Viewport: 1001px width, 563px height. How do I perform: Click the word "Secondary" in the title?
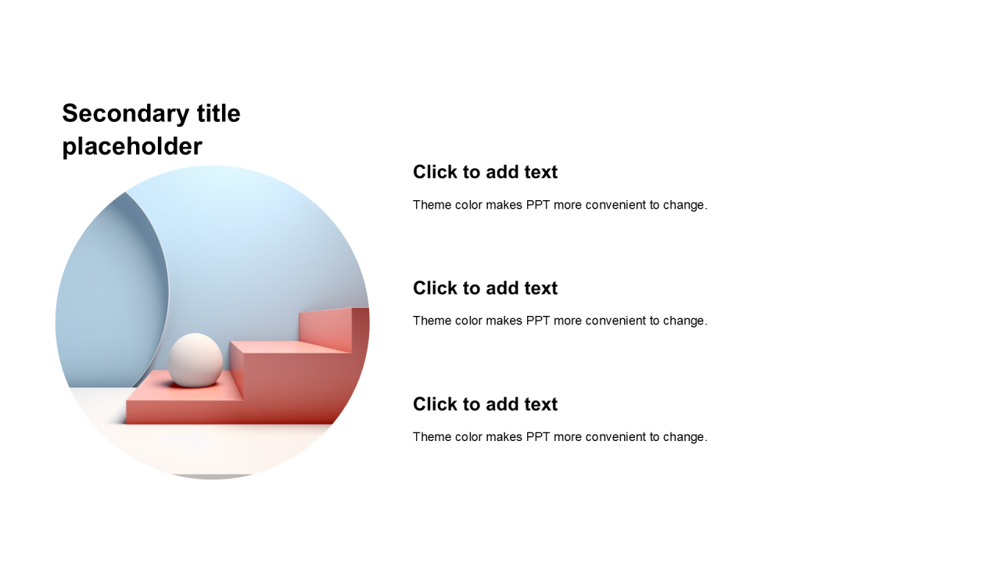pos(126,114)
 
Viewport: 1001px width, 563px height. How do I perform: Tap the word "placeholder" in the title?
pos(132,146)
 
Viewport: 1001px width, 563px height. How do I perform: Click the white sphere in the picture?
pos(196,360)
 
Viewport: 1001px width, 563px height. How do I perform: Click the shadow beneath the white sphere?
pos(195,385)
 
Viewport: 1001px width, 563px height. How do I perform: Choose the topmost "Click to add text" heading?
pos(486,172)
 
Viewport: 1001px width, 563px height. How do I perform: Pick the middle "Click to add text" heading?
pos(486,289)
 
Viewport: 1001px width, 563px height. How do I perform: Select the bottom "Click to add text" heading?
pos(486,404)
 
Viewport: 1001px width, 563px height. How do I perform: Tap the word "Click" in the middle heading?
pos(431,289)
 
